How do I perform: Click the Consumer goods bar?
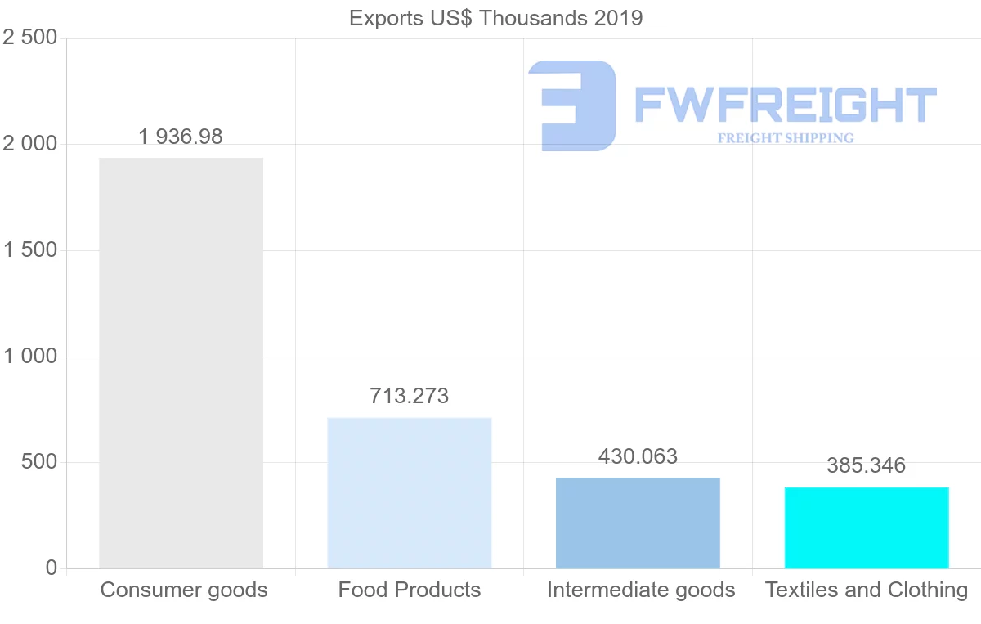181,363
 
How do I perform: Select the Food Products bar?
409,493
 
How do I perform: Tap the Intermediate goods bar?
638,523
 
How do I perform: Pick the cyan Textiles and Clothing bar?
867,527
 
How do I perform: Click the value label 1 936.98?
181,137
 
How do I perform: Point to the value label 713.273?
409,396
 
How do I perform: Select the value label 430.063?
638,456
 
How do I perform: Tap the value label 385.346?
867,465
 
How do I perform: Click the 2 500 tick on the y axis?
30,38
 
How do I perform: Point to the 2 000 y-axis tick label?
30,144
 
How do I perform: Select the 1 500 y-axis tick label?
30,250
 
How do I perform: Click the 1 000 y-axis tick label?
30,357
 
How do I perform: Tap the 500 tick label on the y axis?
38,462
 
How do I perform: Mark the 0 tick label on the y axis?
52,568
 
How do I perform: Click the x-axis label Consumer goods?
184,590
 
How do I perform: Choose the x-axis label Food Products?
410,590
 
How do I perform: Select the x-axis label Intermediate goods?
641,590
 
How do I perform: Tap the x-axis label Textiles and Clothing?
867,590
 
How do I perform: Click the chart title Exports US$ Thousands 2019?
496,18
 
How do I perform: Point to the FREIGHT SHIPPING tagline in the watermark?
786,138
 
